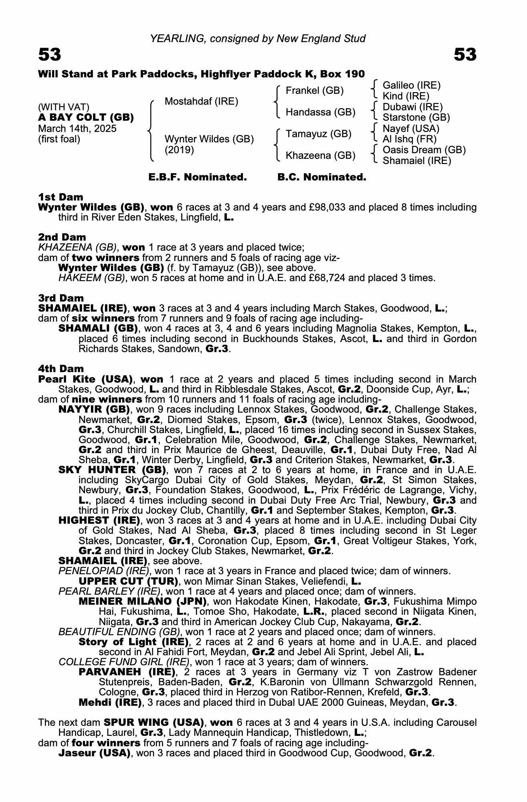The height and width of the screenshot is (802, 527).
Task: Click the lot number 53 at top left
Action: (x=50, y=55)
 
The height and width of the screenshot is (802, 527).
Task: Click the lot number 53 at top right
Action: (x=465, y=55)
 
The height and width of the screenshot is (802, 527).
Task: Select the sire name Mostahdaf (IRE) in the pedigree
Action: (x=201, y=101)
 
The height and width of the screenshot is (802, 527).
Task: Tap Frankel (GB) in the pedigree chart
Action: (x=314, y=91)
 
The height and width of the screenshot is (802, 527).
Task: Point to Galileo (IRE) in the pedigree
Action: (x=412, y=85)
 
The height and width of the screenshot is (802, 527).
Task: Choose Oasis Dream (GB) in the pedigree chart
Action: (x=424, y=150)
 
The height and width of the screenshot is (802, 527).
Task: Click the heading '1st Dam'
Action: (x=61, y=197)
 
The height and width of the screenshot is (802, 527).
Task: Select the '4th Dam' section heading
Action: (x=61, y=369)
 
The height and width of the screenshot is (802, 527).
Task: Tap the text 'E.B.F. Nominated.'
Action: (x=198, y=177)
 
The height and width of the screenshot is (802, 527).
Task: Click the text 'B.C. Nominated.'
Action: (x=322, y=177)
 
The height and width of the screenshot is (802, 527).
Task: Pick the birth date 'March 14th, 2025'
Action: (x=77, y=128)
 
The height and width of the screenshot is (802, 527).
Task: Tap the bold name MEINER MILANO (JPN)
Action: (x=143, y=601)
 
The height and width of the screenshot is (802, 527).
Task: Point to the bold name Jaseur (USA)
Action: (x=95, y=753)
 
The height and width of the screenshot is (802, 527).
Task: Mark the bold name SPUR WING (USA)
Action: (x=152, y=722)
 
